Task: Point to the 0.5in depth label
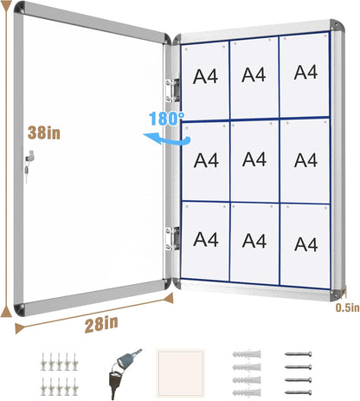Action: (346, 306)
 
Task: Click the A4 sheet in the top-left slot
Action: (206, 78)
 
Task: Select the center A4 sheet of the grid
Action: (254, 159)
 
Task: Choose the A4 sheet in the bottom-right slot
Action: (305, 243)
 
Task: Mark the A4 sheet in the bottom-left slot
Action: (205, 238)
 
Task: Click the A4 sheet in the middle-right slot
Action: (305, 159)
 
